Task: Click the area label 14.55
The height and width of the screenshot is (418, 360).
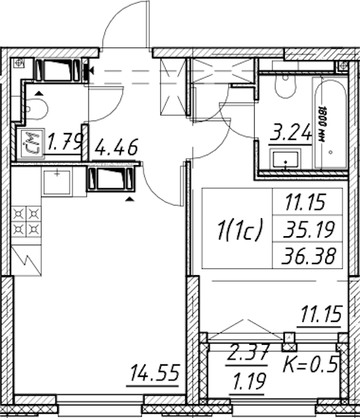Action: [155, 373]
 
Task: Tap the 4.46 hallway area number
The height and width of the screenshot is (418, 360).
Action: [116, 147]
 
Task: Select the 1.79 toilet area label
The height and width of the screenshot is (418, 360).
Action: [64, 142]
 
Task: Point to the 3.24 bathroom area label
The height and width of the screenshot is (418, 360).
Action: [290, 132]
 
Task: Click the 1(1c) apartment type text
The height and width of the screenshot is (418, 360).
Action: [240, 229]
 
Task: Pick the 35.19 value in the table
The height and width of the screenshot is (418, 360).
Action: [308, 229]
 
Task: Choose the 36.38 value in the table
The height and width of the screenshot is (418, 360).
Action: [308, 256]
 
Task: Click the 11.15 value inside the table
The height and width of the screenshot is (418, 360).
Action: [305, 202]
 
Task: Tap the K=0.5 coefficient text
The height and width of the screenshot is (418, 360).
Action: [310, 364]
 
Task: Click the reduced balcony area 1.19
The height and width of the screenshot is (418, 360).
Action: [249, 382]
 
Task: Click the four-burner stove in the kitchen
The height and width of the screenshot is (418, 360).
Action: [26, 222]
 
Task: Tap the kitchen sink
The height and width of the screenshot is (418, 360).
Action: [57, 183]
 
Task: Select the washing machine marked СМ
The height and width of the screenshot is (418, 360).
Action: [30, 142]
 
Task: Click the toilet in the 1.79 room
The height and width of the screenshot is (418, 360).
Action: [36, 109]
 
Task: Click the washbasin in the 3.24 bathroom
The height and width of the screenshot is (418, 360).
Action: [285, 159]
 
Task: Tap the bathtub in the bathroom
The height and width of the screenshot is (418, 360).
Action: [331, 123]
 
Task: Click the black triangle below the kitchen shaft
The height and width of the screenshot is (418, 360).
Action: [130, 199]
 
